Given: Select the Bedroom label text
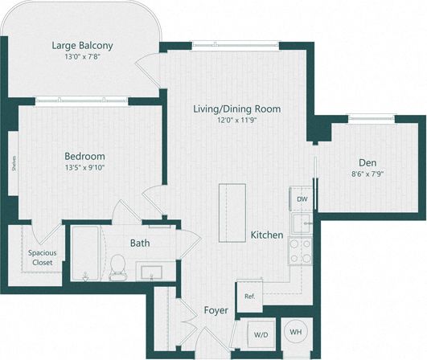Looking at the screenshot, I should (x=84, y=156).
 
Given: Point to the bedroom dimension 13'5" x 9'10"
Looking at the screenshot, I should (x=84, y=169).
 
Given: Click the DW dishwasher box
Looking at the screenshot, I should (x=301, y=199).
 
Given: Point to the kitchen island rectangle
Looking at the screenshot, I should (x=232, y=207).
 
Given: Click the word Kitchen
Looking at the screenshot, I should (x=266, y=235).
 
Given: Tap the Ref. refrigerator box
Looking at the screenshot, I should (x=249, y=297).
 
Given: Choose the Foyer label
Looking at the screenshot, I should (x=216, y=310).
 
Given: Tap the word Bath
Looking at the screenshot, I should (x=140, y=243).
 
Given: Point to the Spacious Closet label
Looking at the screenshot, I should (x=36, y=257).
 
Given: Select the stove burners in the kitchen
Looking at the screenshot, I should (x=301, y=250).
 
